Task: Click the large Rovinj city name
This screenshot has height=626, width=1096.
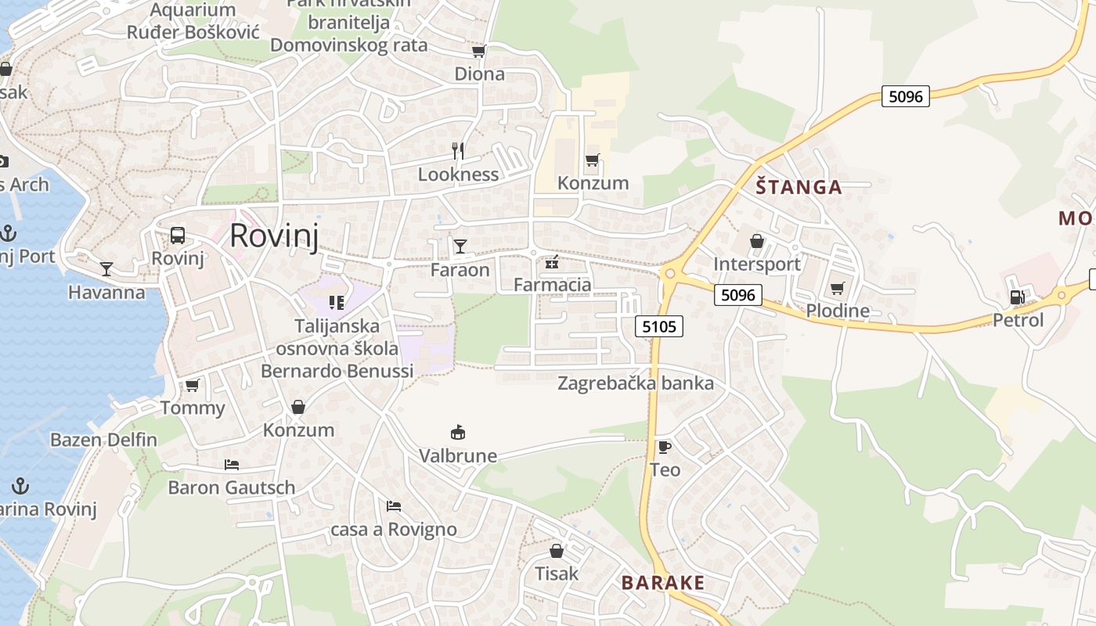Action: pos(274,236)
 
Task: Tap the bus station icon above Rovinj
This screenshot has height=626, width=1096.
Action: pos(178,236)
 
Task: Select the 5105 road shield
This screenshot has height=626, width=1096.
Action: pos(658,326)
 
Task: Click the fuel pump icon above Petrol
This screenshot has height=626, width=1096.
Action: pos(1017,297)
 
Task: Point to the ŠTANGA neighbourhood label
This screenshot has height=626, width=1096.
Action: pos(799,187)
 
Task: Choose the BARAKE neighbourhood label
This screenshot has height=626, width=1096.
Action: pos(663,583)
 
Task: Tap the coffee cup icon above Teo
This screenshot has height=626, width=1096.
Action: pos(664,447)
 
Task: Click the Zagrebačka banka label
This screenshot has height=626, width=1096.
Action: pos(635,383)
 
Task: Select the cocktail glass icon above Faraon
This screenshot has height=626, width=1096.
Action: pos(460,246)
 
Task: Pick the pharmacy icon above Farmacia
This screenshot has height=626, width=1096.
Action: pos(552,261)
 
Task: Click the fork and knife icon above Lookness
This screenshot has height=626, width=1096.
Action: pos(458,150)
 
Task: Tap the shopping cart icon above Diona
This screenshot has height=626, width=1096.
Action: pos(478,51)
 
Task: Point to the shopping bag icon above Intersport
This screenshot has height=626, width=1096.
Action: pos(756,241)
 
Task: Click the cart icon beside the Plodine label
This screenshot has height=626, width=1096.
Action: pos(837,288)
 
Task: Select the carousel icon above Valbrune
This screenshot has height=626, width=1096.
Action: pos(458,432)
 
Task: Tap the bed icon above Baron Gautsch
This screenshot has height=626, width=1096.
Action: pos(231,464)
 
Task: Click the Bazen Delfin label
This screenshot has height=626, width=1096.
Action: pos(103,440)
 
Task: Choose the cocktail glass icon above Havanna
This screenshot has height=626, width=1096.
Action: pos(106,269)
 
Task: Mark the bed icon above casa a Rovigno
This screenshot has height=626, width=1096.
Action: pos(393,506)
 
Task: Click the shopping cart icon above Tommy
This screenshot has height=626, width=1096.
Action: pos(192,385)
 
